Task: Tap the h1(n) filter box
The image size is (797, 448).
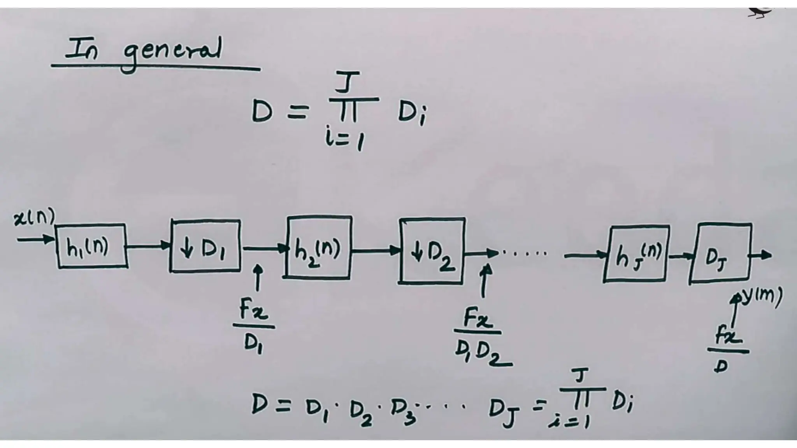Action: click(x=92, y=246)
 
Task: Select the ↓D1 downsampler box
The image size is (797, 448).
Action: click(x=205, y=246)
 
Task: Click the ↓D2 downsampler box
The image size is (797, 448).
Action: click(x=432, y=251)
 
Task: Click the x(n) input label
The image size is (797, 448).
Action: click(x=34, y=218)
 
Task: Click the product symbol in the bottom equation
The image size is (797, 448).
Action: click(x=583, y=397)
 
